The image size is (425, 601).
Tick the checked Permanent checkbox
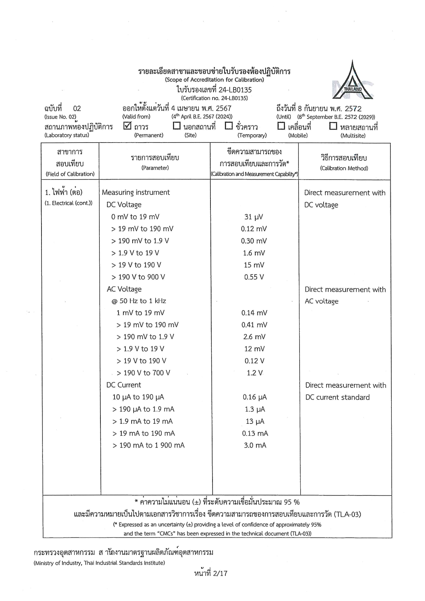127,126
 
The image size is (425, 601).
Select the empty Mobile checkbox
281,126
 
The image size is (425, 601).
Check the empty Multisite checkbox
333,126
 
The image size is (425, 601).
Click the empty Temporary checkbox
229,126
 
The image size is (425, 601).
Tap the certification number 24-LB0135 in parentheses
214,98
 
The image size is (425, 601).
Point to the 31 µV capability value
254,217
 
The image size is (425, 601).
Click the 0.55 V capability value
254,277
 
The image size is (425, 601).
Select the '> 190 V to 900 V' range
138,277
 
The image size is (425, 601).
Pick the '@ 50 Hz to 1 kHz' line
138,301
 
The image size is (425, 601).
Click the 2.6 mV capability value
254,337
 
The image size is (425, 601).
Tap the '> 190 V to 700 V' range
143,373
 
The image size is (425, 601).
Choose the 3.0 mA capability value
255,445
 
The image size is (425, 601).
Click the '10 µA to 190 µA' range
138,397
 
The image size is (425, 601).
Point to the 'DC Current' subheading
123,385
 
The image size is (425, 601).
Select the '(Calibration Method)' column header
344,168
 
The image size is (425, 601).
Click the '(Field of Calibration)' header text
70,174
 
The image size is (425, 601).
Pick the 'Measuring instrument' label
136,193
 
